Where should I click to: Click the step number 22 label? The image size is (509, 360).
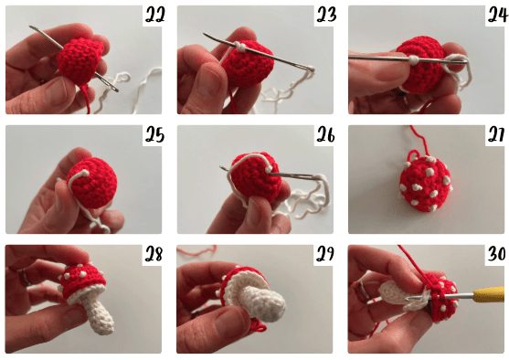click(154, 15)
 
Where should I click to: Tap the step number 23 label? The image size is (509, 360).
click(326, 15)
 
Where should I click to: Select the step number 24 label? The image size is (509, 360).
click(498, 15)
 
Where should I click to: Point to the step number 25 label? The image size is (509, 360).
click(154, 134)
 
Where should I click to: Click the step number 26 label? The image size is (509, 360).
click(326, 134)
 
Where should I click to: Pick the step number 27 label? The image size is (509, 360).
click(497, 134)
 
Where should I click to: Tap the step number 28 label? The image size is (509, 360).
click(154, 254)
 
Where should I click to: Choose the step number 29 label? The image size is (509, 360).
click(325, 254)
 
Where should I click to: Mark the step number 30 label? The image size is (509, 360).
click(497, 254)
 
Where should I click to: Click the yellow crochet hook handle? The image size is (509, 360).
click(491, 295)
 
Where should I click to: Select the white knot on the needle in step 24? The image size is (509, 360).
click(413, 59)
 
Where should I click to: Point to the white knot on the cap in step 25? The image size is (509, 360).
click(85, 173)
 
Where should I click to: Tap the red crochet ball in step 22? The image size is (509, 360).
click(80, 61)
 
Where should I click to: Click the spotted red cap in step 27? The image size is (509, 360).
click(426, 183)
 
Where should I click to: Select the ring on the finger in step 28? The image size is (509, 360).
click(25, 277)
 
